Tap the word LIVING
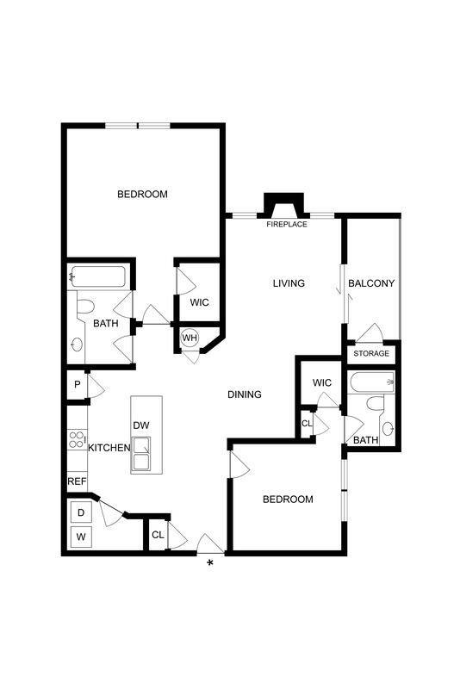click(289, 283)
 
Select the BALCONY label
click(371, 283)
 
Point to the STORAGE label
click(371, 353)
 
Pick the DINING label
click(244, 394)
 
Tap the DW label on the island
click(140, 425)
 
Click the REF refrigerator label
click(78, 481)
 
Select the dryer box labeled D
click(81, 512)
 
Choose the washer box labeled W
click(81, 537)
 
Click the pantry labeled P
click(77, 385)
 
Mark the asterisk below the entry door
click(209, 565)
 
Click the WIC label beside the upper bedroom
click(199, 301)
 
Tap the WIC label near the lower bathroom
click(322, 382)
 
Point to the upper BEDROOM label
click(142, 194)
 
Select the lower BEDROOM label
click(288, 500)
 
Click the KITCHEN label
click(109, 447)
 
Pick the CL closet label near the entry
click(158, 535)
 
